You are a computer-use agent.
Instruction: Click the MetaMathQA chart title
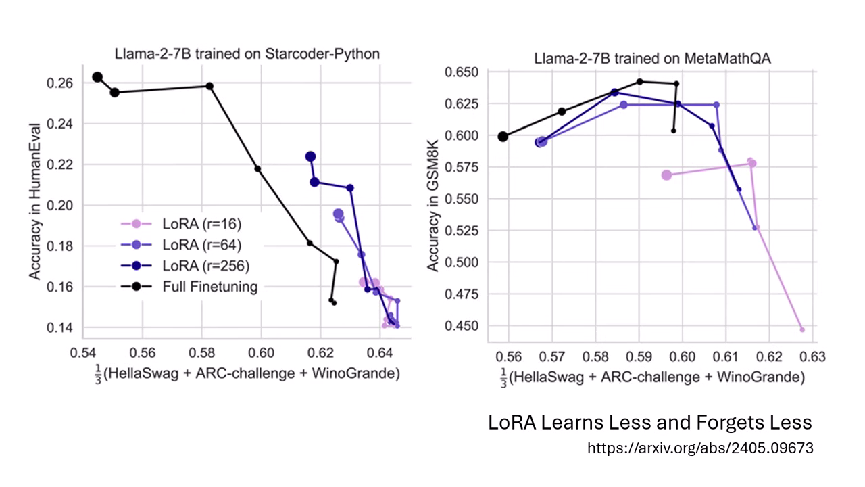click(652, 58)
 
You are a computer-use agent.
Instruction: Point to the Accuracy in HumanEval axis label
click(35, 201)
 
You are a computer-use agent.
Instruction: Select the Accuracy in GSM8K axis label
click(433, 201)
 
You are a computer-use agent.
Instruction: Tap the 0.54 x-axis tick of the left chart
click(84, 352)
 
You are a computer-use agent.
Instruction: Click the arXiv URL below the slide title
click(700, 448)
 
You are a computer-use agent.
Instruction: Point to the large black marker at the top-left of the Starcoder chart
click(97, 77)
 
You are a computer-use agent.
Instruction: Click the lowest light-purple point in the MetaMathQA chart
click(802, 329)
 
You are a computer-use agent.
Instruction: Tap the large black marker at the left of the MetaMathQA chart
click(503, 137)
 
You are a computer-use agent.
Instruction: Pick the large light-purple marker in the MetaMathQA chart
click(667, 175)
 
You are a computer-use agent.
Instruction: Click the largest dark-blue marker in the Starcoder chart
click(310, 156)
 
